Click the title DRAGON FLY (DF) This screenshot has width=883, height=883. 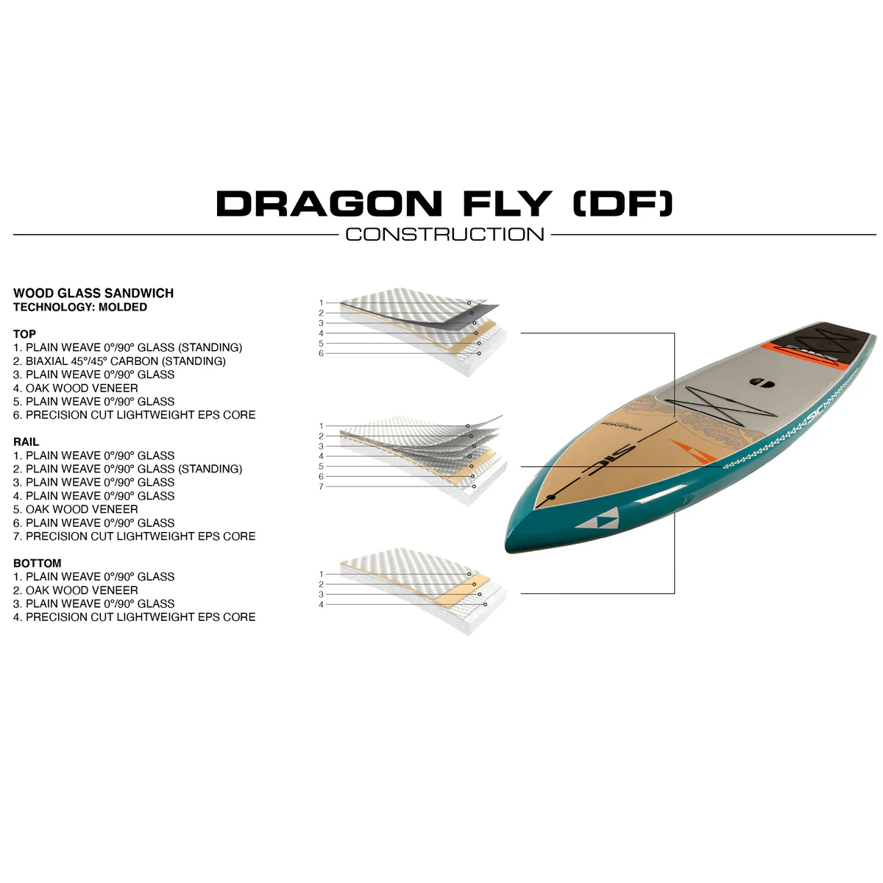(444, 203)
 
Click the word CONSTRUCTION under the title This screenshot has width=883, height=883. (444, 235)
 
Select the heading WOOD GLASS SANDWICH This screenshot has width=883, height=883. (93, 294)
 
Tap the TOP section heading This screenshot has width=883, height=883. (24, 334)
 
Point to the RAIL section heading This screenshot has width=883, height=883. (26, 441)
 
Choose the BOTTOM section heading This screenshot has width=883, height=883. (37, 563)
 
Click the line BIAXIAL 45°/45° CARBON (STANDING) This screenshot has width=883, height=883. (119, 361)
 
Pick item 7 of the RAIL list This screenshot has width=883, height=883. (134, 536)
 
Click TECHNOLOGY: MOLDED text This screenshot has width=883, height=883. (80, 307)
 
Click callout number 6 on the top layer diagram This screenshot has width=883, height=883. (322, 353)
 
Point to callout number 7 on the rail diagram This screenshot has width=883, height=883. (322, 486)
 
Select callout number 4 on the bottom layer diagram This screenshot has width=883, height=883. (322, 605)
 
